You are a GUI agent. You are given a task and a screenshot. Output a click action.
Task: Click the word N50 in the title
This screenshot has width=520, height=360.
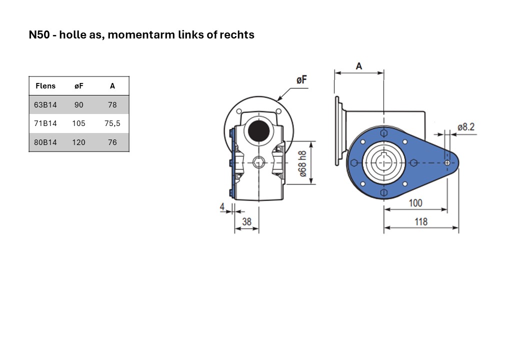click(39, 34)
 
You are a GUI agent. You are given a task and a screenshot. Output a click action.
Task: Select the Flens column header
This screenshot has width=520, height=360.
click(45, 86)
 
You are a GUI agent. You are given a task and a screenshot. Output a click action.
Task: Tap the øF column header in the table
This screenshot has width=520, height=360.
click(79, 86)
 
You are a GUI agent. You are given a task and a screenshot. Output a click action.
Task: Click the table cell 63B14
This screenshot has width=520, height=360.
click(45, 105)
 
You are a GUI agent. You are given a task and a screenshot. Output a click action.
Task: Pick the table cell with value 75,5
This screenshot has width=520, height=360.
click(112, 123)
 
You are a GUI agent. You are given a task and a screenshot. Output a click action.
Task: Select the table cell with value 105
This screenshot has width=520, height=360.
click(78, 123)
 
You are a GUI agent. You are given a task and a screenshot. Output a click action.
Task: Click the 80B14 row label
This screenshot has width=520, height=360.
click(45, 142)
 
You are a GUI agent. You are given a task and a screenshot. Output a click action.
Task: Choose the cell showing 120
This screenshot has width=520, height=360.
click(78, 142)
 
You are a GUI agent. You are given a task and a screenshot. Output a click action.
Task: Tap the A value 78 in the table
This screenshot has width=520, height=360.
click(112, 105)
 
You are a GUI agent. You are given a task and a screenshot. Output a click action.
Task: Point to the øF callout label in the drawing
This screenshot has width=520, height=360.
click(301, 80)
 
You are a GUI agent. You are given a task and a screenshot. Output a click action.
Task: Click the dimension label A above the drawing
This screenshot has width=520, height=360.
click(359, 66)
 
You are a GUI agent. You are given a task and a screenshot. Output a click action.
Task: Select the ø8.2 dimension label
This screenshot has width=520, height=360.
click(466, 127)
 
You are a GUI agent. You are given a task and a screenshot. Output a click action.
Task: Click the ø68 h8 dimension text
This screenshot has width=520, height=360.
click(302, 164)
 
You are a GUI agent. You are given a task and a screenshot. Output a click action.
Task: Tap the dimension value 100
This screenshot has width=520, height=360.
click(415, 203)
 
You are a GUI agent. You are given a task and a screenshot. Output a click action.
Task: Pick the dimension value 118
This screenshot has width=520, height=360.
click(421, 222)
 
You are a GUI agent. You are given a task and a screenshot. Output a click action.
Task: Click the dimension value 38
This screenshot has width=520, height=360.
click(246, 222)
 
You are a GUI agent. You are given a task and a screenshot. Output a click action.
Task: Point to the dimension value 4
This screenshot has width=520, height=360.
click(222, 207)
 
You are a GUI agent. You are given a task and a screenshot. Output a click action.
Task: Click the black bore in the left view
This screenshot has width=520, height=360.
click(258, 130)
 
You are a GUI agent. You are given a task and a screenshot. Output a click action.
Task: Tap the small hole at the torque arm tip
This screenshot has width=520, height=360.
click(447, 163)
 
